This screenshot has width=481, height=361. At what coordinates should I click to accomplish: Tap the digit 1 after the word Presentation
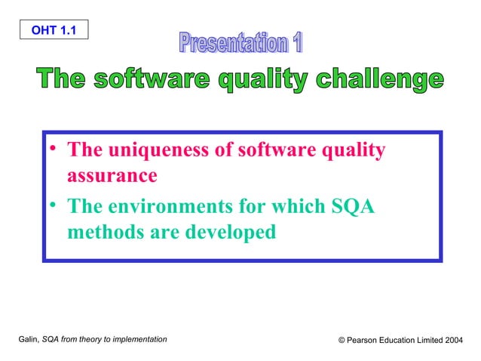296,43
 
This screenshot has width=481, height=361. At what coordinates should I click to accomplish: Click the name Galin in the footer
28,341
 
